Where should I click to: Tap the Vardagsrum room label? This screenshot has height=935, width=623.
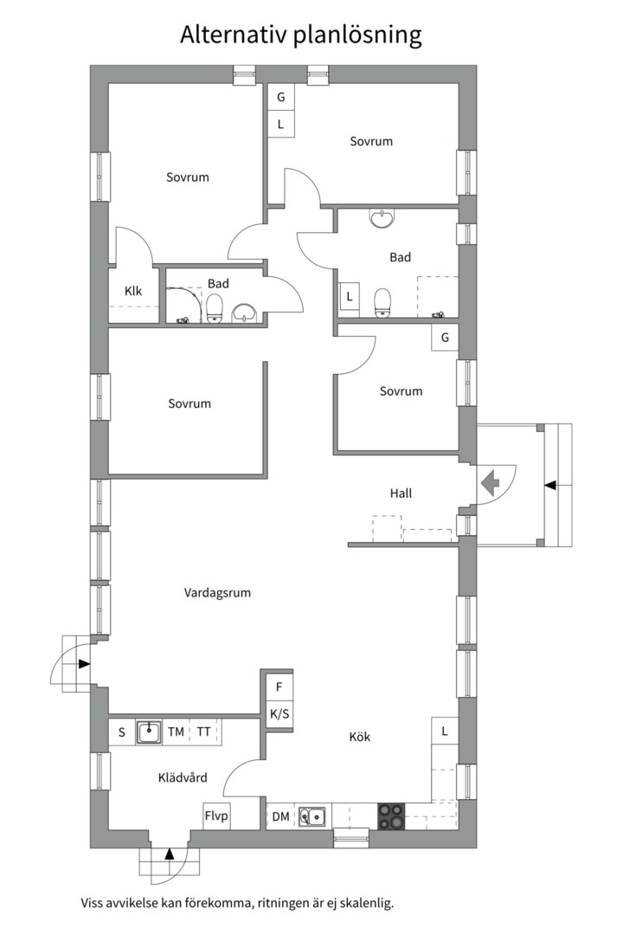point(217,593)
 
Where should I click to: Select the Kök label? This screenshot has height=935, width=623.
point(360,737)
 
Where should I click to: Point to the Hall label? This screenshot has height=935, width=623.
point(401,493)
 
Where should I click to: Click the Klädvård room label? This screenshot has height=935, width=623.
point(183,777)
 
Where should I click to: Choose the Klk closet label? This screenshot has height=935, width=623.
point(133,291)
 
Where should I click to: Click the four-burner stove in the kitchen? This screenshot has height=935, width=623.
point(390,815)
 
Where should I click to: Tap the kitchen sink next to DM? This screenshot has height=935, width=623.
point(312,816)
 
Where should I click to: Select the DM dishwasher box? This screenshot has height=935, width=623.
point(281,816)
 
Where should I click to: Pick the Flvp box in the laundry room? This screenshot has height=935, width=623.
point(216,816)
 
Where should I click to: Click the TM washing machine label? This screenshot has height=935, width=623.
point(176,732)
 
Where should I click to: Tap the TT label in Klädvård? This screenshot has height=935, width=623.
point(203,732)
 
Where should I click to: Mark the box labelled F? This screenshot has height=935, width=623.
point(279,687)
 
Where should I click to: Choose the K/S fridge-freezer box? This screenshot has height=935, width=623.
point(279,715)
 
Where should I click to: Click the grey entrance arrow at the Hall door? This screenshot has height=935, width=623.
point(490,482)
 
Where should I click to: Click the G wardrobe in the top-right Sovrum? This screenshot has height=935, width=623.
point(280,97)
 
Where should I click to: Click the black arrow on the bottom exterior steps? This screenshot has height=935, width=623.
point(170,854)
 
